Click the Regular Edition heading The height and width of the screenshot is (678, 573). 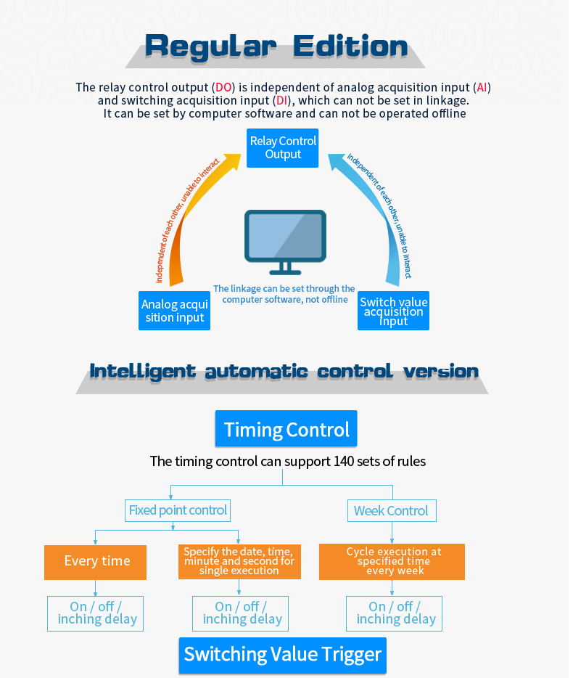(276, 46)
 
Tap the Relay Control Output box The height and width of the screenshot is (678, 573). (283, 147)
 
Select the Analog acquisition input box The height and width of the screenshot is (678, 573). (175, 311)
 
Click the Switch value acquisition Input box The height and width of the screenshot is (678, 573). (393, 311)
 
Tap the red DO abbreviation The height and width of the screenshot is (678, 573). (223, 88)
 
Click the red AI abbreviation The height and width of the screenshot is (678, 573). (482, 88)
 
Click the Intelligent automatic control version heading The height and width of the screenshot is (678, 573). (284, 372)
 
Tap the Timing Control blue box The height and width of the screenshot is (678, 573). (286, 429)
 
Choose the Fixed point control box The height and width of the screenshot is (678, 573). (178, 510)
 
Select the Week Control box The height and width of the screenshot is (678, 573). (391, 511)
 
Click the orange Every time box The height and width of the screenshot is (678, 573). (96, 561)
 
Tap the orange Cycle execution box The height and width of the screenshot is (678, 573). (392, 561)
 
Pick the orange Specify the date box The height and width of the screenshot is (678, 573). (239, 561)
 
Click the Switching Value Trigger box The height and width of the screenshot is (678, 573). (283, 655)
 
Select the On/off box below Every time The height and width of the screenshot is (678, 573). (96, 613)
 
